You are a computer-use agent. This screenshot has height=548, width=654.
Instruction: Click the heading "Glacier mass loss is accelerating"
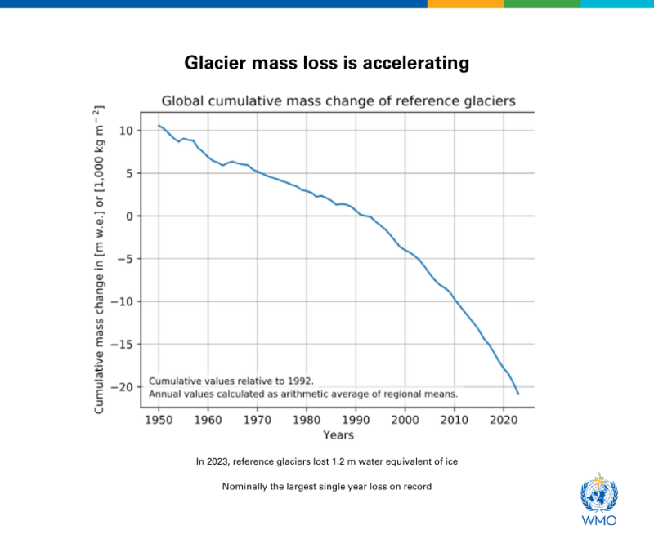[326, 63]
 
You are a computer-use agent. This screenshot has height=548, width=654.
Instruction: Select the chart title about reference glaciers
[338, 100]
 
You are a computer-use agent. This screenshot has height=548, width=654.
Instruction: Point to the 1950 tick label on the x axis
[159, 419]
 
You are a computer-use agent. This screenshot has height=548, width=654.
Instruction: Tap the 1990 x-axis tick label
[356, 419]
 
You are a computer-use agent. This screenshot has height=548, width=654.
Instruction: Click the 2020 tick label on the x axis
[504, 419]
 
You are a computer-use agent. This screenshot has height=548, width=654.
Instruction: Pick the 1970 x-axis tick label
[258, 419]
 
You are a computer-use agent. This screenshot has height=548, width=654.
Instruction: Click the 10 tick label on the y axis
[126, 131]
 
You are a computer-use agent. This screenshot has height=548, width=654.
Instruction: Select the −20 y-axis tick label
[121, 387]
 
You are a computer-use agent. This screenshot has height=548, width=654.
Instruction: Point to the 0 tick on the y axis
[129, 216]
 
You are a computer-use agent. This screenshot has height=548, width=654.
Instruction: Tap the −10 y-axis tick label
[121, 301]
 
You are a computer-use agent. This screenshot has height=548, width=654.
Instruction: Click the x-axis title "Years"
[338, 435]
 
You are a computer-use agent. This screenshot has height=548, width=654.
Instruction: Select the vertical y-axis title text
[99, 260]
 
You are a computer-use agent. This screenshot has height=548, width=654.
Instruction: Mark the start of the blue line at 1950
[159, 125]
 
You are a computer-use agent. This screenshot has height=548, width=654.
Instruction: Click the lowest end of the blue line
[518, 394]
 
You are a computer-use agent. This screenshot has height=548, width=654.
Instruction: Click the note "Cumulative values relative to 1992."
[231, 381]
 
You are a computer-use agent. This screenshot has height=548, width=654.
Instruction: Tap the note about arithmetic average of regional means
[303, 394]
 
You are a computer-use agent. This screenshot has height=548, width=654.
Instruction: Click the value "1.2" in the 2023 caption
[338, 461]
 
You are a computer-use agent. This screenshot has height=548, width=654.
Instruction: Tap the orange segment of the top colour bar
[465, 4]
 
